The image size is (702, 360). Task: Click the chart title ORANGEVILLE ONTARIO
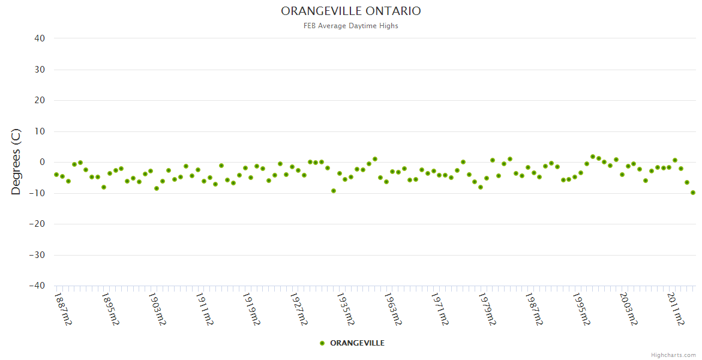click(351, 11)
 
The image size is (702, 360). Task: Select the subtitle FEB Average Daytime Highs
click(351, 26)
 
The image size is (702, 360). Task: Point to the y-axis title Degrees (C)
click(16, 161)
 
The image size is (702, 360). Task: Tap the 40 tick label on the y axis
click(40, 38)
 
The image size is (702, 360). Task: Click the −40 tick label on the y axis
click(37, 286)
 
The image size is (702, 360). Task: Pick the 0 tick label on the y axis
click(42, 162)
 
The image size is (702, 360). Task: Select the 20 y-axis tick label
click(40, 100)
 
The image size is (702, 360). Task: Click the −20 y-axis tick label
click(37, 224)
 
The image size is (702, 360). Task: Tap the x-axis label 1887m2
click(63, 308)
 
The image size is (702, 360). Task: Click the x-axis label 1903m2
click(157, 308)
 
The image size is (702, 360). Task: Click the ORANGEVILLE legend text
click(357, 343)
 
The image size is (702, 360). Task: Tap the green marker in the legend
click(322, 343)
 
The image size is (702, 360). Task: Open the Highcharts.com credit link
click(673, 355)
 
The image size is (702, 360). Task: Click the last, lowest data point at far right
click(692, 193)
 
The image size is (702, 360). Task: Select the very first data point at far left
click(56, 175)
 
